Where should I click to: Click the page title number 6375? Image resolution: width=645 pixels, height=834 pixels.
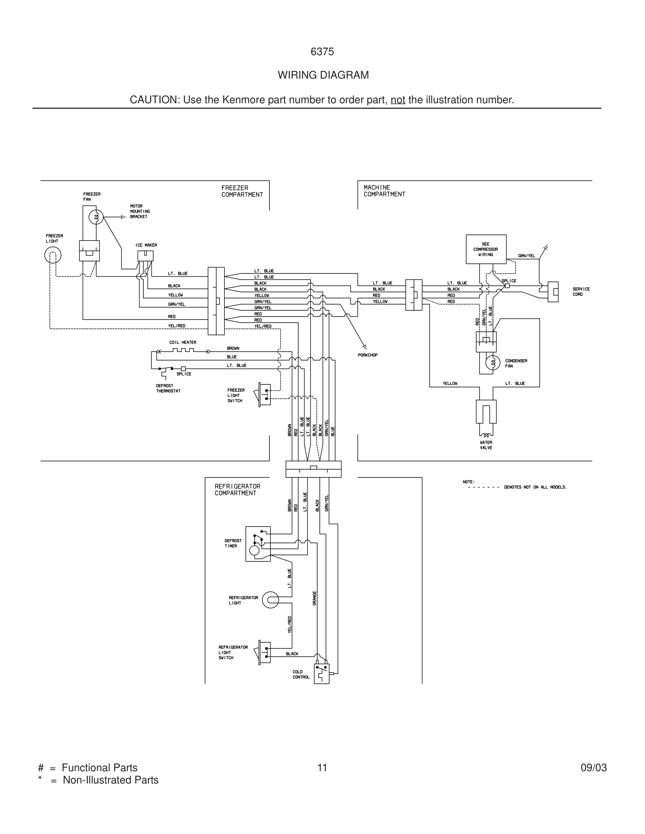(x=322, y=52)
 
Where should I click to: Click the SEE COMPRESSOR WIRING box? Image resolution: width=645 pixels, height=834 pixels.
(x=486, y=249)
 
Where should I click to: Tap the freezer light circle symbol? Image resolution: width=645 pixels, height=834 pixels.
(x=53, y=255)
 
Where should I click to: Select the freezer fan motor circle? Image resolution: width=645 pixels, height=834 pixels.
(x=96, y=217)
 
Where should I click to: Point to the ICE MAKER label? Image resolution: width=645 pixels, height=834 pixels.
(x=146, y=245)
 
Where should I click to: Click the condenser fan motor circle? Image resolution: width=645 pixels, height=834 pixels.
(x=493, y=362)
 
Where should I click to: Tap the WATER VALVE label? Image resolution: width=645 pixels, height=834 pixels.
(x=486, y=445)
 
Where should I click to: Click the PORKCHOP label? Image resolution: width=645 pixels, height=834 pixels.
(x=367, y=355)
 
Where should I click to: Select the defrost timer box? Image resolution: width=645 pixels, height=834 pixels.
(x=258, y=544)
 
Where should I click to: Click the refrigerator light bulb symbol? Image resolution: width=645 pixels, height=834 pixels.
(x=271, y=600)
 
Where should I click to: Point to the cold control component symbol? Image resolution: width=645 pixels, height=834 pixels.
(x=321, y=674)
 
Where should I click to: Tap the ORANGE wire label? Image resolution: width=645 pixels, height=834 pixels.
(x=314, y=598)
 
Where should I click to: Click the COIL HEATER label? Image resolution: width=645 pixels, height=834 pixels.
(x=183, y=343)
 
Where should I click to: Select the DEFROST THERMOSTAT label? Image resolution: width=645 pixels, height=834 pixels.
(x=168, y=388)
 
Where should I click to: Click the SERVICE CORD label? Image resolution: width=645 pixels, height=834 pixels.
(x=581, y=292)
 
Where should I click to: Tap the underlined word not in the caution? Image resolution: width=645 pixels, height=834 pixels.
(x=397, y=100)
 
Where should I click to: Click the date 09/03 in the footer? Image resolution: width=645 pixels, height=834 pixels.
(x=593, y=768)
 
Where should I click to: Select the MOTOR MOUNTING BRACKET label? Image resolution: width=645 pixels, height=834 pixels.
(x=140, y=211)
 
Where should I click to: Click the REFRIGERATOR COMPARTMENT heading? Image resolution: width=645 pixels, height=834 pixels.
(x=237, y=490)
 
